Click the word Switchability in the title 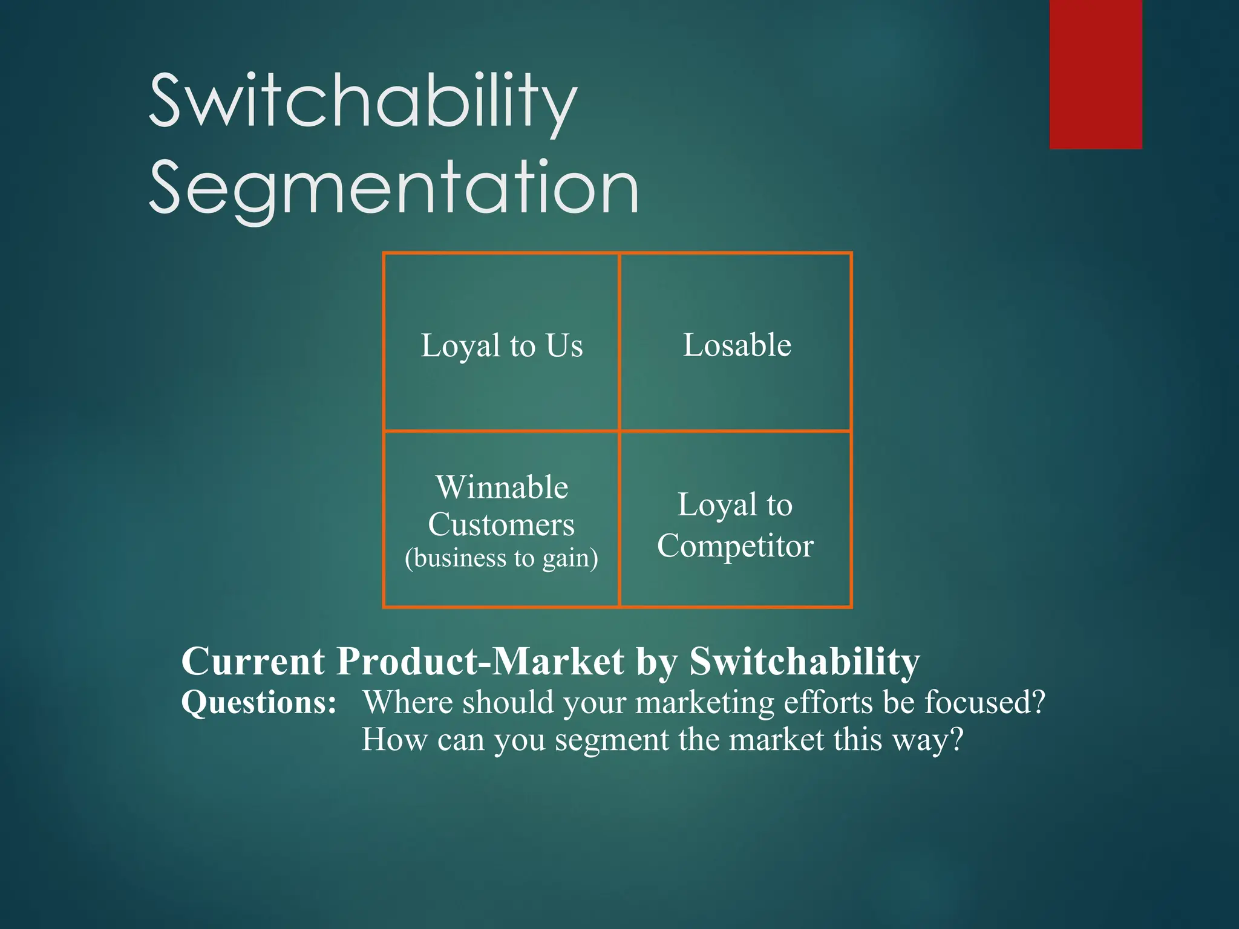point(363,102)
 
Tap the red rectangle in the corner point(1095,74)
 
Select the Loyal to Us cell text point(502,346)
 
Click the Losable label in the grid point(736,345)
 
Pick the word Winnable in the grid point(502,487)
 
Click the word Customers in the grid point(501,524)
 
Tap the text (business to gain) point(501,558)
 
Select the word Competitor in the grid point(735,546)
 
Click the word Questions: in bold point(259,703)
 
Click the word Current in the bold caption point(253,661)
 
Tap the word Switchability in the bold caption point(805,661)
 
